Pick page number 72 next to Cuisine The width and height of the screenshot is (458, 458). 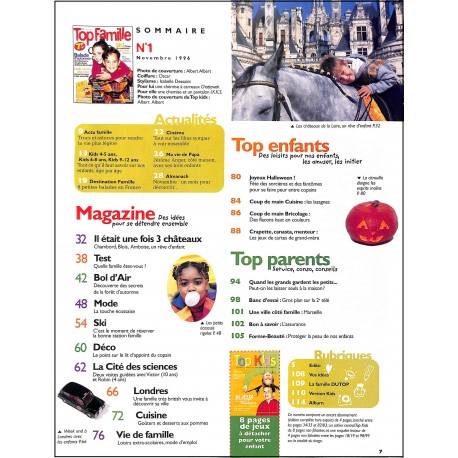[117, 413]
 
